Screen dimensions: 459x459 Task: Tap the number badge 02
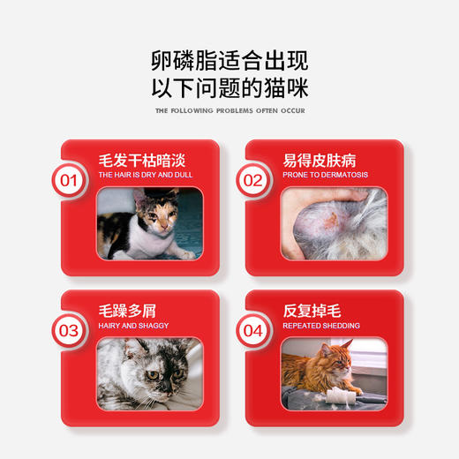[254, 182]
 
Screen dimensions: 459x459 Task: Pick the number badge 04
[254, 332]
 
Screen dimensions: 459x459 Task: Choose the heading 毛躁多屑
[124, 312]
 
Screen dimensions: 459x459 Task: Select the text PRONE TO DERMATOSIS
[326, 176]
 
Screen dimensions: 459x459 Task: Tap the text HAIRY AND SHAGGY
[132, 326]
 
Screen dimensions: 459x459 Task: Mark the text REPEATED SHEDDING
[320, 326]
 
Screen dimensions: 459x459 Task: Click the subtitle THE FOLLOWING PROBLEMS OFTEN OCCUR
[229, 112]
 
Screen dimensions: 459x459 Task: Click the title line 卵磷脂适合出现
[229, 59]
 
